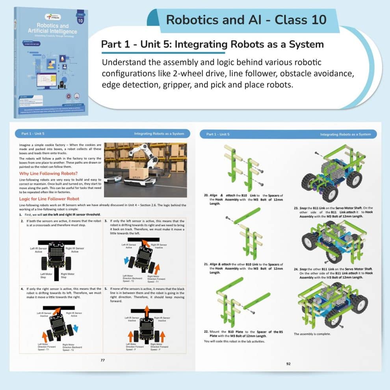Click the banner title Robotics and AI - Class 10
coord(246,19)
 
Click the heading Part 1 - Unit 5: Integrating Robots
coord(212,44)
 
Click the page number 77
coord(103,360)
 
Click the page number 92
coord(288,364)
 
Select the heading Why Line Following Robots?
coord(48,173)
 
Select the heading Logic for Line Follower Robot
coord(49,199)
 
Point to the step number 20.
coord(206,195)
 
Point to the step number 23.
coord(296,208)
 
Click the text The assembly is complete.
coord(312,334)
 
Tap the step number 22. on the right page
coord(206,331)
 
